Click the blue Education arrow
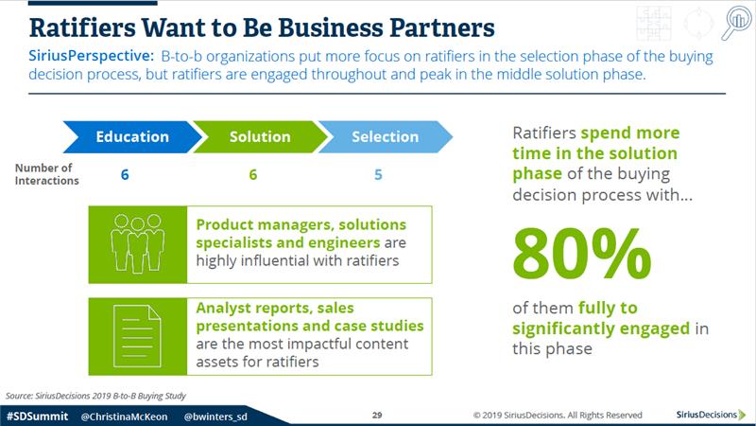[x=132, y=136]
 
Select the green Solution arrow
[x=260, y=136]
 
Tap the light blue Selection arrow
[x=385, y=136]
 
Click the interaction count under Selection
[x=378, y=174]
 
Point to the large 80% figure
[x=582, y=254]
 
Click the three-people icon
[x=138, y=243]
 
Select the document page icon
[x=137, y=336]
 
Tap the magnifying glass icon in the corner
[x=736, y=22]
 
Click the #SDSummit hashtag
[x=37, y=416]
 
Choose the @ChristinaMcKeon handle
[x=124, y=417]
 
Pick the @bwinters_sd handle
[x=215, y=417]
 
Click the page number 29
[x=377, y=415]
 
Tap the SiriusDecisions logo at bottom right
[x=711, y=415]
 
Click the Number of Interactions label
[x=46, y=174]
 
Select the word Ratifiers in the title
[x=82, y=27]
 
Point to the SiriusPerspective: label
[x=91, y=56]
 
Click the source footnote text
[x=95, y=396]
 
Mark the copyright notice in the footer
[x=558, y=415]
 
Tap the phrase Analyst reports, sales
[x=275, y=308]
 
